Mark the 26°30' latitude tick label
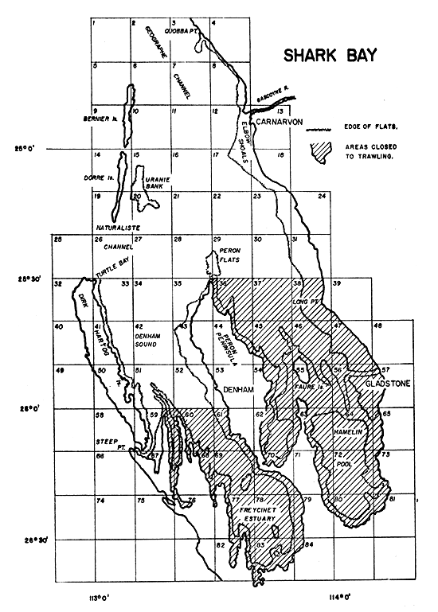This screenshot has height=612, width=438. (x=36, y=540)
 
